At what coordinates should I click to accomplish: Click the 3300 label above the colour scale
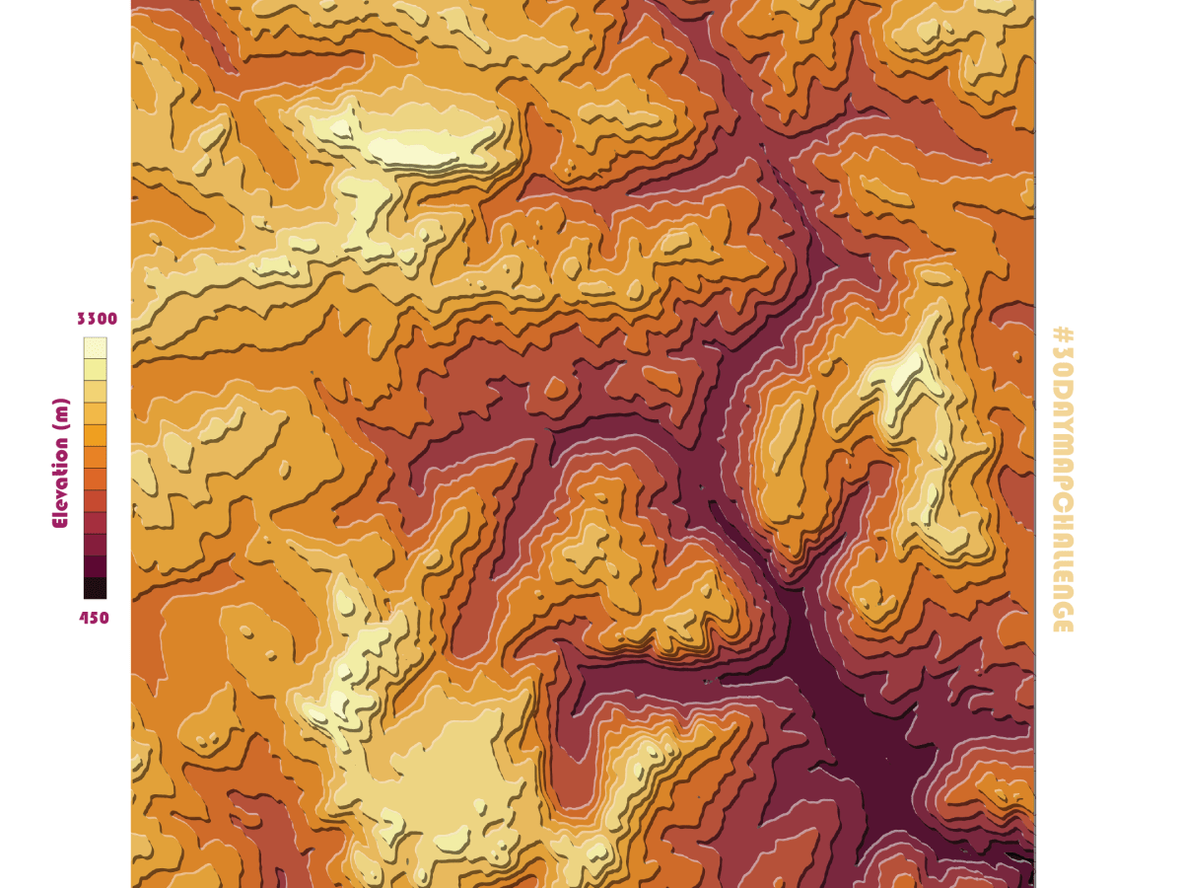(x=97, y=319)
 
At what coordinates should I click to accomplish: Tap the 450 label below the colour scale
(x=95, y=619)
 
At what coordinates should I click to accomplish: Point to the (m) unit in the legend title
(x=61, y=412)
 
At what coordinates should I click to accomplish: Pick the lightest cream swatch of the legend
(x=95, y=347)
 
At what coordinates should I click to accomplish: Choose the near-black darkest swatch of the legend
(x=95, y=588)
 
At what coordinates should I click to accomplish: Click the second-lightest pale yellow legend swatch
(x=95, y=369)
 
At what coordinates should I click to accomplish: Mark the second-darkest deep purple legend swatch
(x=95, y=566)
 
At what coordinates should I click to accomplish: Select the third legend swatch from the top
(x=95, y=391)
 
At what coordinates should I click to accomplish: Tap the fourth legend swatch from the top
(x=95, y=412)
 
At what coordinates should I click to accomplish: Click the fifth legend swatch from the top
(x=95, y=435)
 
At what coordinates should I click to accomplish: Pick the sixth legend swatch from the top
(x=95, y=457)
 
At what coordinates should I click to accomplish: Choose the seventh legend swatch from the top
(x=95, y=479)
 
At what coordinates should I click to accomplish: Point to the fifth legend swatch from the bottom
(x=95, y=500)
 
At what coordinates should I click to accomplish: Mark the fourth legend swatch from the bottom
(x=95, y=522)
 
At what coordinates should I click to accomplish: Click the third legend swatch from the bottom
(x=95, y=545)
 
